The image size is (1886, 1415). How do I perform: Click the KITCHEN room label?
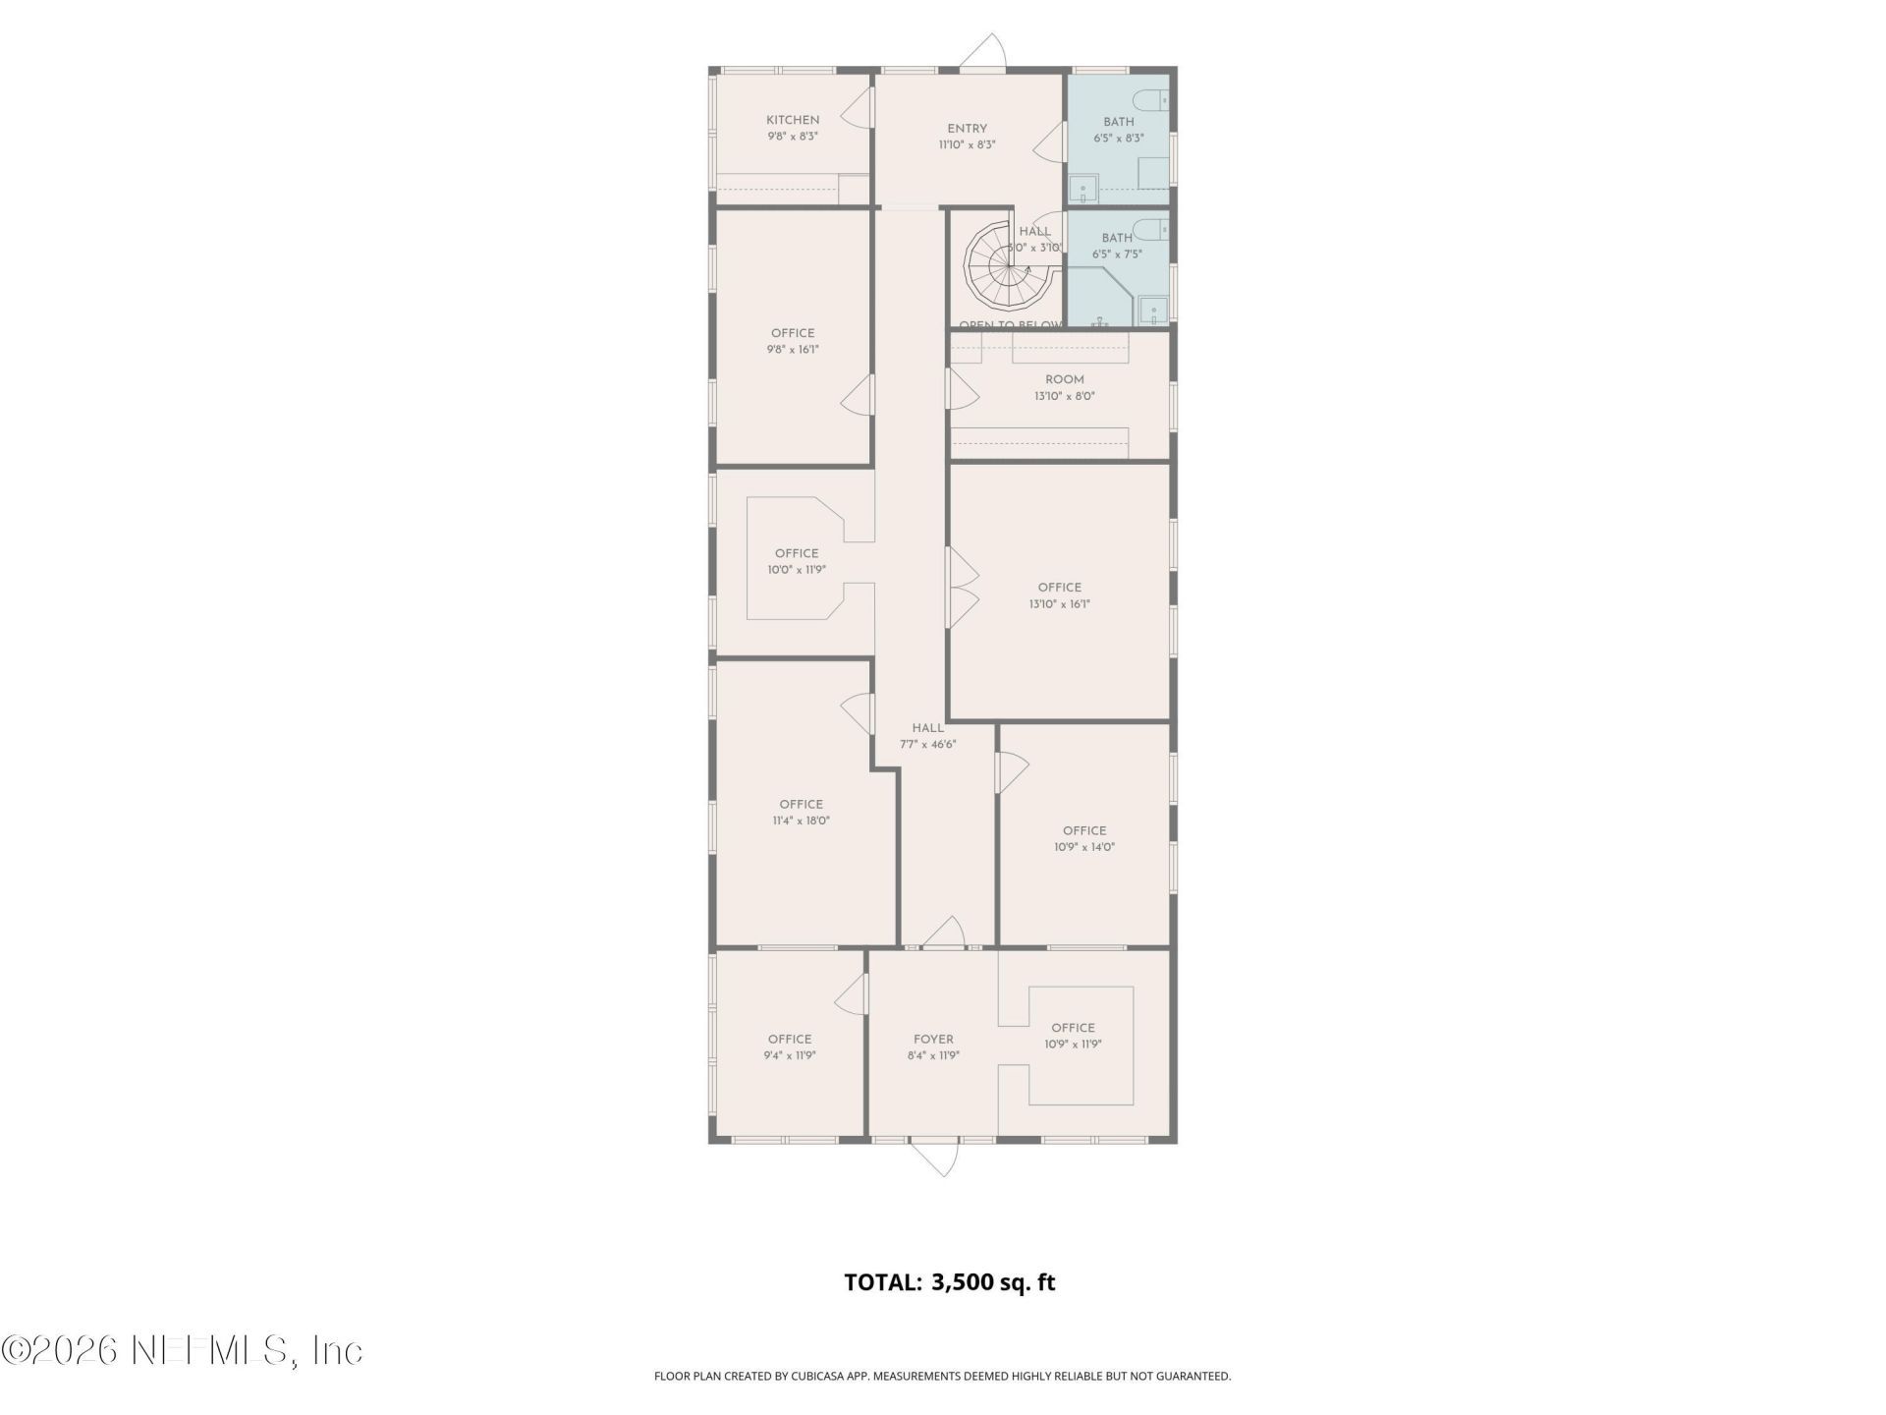(793, 120)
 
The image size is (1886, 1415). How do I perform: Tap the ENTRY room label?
(967, 129)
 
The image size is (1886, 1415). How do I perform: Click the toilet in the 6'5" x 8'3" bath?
(1148, 99)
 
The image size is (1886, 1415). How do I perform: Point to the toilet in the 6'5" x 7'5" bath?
(1148, 231)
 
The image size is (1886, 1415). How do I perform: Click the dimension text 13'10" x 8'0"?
(1064, 397)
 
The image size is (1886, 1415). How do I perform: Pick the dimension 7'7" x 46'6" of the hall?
(927, 745)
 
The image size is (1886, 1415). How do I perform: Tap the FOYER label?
(932, 1039)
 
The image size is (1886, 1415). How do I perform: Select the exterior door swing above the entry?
(984, 53)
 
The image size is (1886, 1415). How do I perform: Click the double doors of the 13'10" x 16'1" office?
(961, 588)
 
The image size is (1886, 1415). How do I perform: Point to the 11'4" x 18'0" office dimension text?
(801, 821)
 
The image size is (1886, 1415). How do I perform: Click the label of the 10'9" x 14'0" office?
(1083, 830)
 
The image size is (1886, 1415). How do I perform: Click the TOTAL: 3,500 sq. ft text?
(949, 1282)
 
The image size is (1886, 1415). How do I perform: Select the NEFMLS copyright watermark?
(182, 1350)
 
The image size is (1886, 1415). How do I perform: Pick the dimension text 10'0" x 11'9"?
(796, 570)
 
